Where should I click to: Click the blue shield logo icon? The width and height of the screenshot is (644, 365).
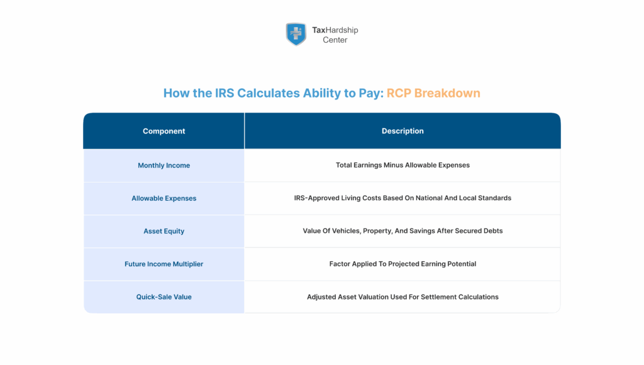[x=296, y=34]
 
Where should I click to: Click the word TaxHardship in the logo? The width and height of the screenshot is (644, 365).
[x=335, y=30]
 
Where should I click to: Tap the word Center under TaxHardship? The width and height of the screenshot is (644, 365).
[x=335, y=40]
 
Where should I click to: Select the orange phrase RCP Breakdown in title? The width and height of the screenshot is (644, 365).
[x=433, y=93]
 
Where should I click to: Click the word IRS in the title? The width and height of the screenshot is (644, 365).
[x=225, y=93]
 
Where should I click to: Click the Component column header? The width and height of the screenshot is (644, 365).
[x=164, y=131]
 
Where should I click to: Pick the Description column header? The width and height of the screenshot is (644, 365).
[x=402, y=131]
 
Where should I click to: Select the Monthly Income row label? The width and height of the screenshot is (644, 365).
[x=164, y=166]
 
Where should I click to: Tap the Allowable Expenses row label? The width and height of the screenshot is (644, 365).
[x=164, y=198]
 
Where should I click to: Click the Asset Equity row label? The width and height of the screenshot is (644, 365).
[x=164, y=231]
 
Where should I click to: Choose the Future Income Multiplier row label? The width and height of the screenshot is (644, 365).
[x=164, y=264]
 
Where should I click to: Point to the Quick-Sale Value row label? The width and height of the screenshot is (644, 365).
[x=164, y=297]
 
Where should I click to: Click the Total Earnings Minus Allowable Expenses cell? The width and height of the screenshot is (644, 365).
[x=402, y=166]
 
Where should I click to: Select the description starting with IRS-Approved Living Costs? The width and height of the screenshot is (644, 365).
[x=402, y=198]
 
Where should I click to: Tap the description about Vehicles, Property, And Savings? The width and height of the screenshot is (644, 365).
[x=402, y=231]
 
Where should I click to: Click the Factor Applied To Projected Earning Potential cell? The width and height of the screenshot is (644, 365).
[x=402, y=264]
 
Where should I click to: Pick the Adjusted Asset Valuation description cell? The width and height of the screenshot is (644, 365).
[x=402, y=297]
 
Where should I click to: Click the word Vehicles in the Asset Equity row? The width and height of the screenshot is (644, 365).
[x=347, y=231]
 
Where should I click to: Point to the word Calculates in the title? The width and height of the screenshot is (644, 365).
[x=270, y=93]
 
